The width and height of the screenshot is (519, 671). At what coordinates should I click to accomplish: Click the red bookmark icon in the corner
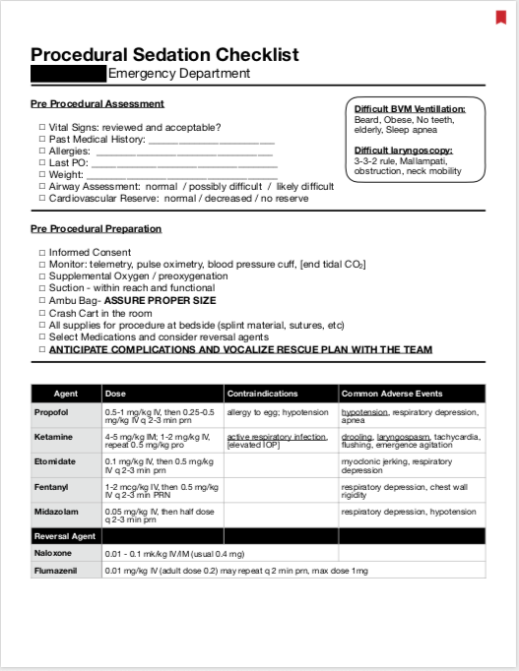click(500, 17)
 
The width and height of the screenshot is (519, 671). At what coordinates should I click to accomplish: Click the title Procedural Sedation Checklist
click(164, 54)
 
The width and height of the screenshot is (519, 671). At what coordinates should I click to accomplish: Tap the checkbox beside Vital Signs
click(41, 127)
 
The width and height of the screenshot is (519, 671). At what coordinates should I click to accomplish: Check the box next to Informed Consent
click(41, 253)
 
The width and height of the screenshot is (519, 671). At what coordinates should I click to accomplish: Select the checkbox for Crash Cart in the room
click(41, 313)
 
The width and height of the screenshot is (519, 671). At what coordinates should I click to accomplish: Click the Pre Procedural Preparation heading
click(96, 229)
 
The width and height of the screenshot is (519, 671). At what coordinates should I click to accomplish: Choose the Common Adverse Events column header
click(392, 394)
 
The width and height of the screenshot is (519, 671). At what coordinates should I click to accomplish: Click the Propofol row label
click(52, 412)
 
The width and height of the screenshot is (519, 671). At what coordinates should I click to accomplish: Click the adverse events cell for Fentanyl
click(411, 489)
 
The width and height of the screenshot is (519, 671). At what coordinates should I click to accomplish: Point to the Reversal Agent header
click(66, 536)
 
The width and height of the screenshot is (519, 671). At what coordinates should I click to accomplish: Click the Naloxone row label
click(53, 554)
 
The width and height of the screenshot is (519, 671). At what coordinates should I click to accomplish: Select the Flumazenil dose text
click(236, 571)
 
